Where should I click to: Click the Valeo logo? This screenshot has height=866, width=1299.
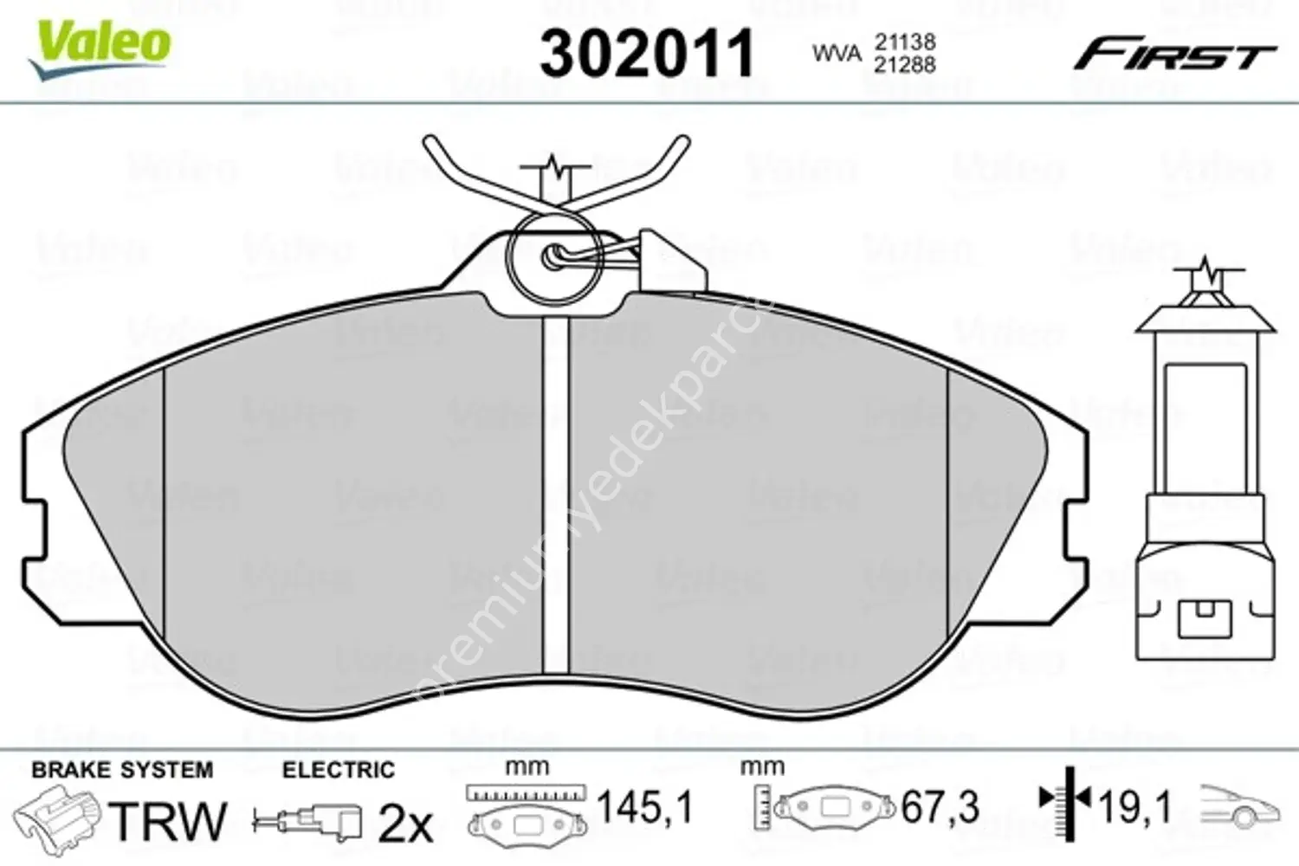click(100, 43)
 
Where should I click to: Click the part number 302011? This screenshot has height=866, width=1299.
click(647, 54)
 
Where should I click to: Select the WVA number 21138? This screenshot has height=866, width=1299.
click(904, 42)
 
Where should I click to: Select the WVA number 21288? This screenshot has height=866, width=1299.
click(904, 65)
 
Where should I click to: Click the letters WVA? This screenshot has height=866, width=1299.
click(837, 54)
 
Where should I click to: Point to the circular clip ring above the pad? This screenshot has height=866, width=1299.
click(552, 256)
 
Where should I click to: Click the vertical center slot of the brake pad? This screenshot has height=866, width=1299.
click(555, 494)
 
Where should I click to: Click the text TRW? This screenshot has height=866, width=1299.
click(170, 820)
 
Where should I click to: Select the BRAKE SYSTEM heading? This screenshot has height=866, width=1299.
click(122, 770)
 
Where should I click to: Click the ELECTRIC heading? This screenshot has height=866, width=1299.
click(338, 770)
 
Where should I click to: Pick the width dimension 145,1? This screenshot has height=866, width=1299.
click(645, 808)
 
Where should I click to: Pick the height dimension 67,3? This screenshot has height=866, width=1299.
click(940, 808)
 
